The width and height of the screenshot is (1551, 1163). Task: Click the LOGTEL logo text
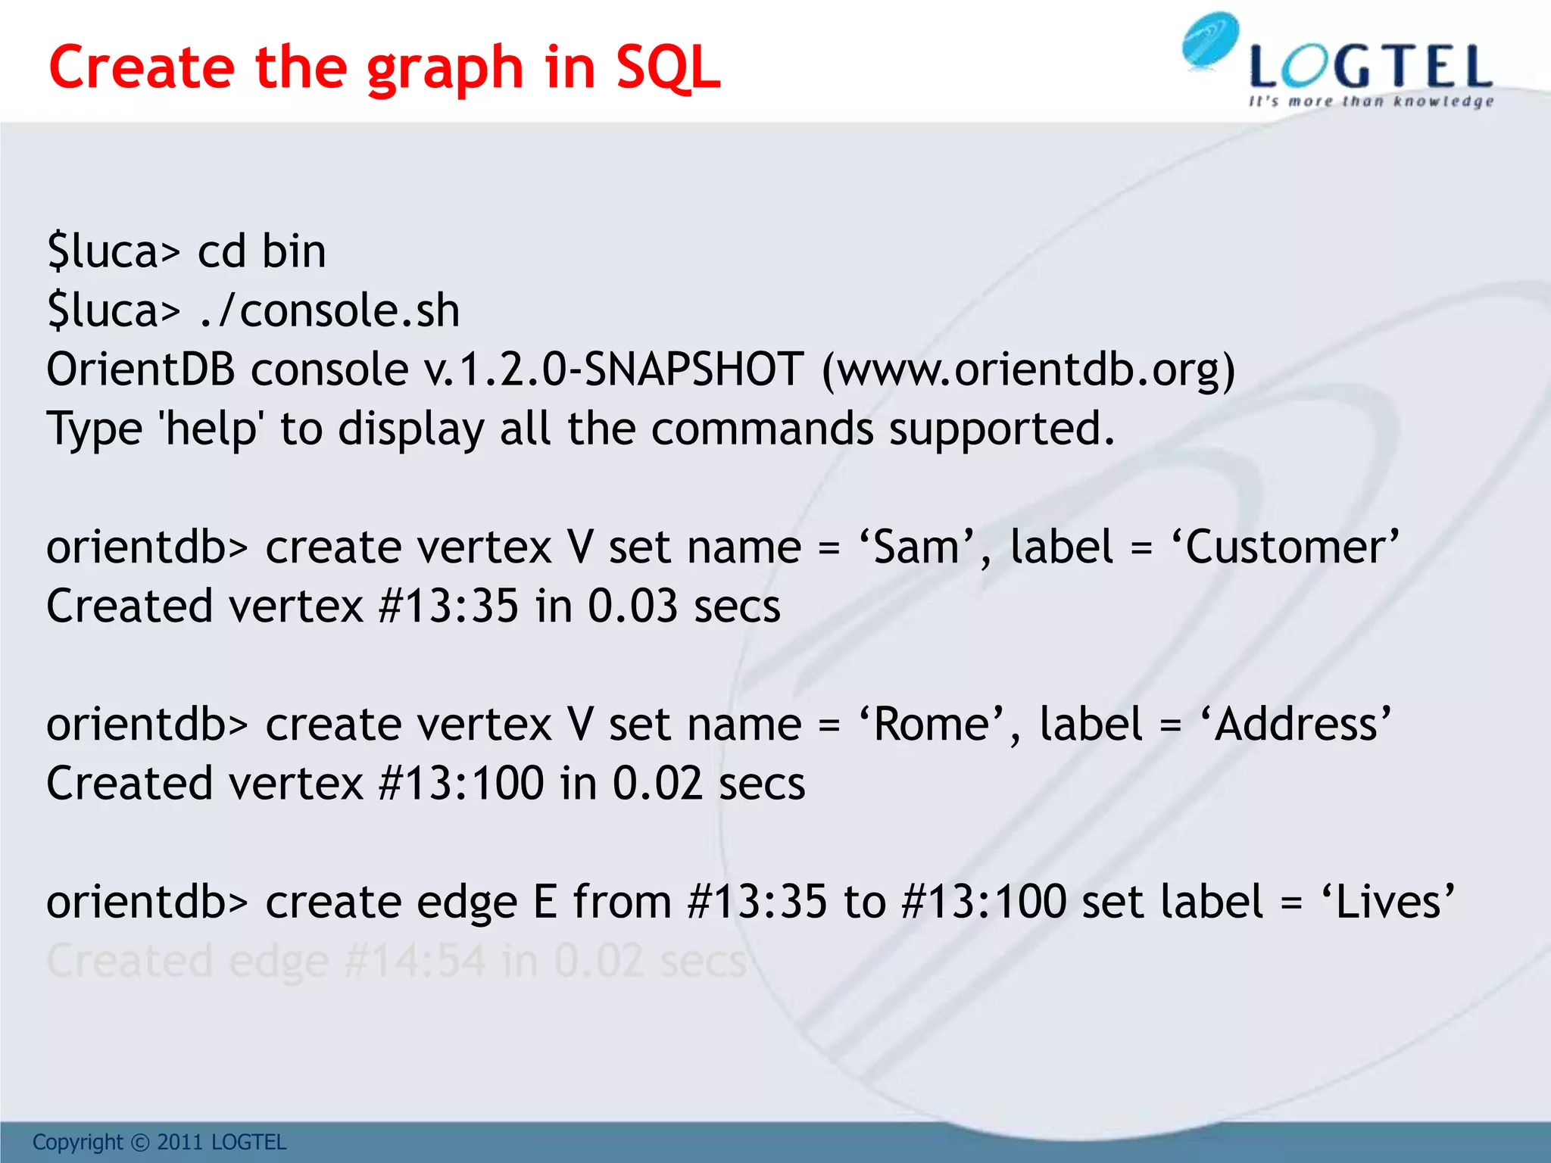click(1371, 68)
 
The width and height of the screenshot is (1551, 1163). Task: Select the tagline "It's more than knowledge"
click(1371, 101)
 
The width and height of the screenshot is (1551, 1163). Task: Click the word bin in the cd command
click(293, 251)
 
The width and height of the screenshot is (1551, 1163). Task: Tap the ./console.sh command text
click(329, 310)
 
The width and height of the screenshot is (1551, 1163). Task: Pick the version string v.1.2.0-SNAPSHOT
click(613, 369)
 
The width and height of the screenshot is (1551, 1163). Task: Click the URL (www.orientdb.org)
click(1028, 369)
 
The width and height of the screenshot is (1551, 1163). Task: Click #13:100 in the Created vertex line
click(461, 783)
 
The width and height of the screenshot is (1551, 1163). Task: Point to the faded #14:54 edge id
click(414, 961)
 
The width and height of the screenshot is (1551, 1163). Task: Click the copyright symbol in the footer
click(140, 1142)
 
